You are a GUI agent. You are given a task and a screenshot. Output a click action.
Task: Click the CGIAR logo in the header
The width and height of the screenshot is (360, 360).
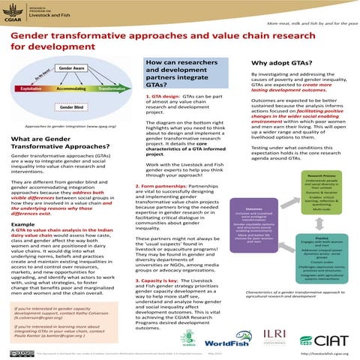tap(13, 14)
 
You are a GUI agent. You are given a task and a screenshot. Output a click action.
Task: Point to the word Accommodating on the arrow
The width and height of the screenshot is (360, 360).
tap(71, 88)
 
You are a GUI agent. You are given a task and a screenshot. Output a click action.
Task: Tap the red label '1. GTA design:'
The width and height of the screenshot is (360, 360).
tap(158, 97)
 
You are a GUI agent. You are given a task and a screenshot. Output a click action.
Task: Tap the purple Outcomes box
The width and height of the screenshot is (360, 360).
tap(254, 225)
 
